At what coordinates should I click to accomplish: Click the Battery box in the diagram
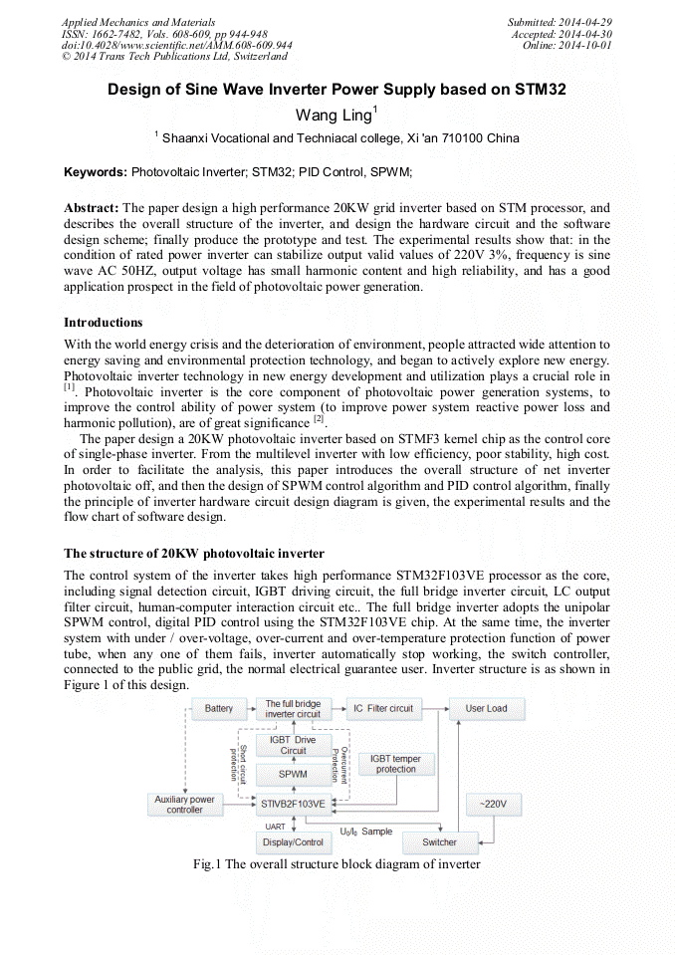click(219, 709)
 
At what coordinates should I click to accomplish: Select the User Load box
click(486, 709)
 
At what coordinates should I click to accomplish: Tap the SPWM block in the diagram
click(293, 774)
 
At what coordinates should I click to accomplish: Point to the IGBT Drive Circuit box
click(293, 744)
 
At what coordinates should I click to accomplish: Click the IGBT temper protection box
click(395, 764)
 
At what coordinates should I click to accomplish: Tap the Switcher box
click(439, 841)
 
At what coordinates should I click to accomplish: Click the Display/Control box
click(293, 842)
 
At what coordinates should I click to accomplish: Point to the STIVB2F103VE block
click(293, 803)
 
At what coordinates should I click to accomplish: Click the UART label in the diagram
click(275, 827)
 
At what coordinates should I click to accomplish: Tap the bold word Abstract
click(91, 208)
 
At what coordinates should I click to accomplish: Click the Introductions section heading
click(103, 323)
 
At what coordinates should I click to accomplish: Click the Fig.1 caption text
click(337, 864)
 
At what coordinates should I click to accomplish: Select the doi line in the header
click(176, 45)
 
